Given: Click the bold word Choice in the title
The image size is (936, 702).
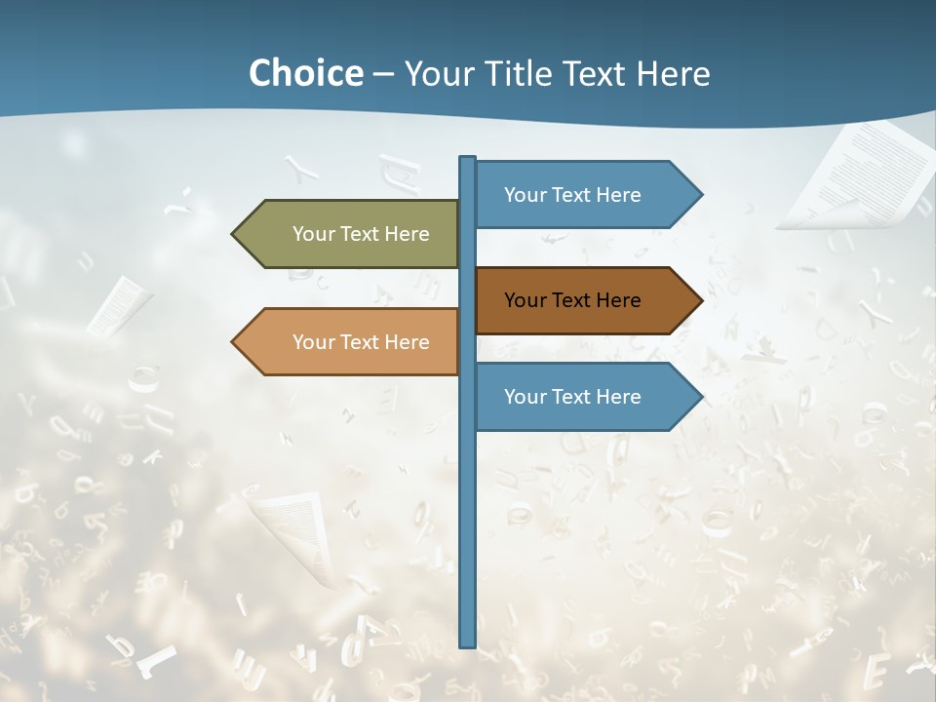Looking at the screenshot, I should pos(305,73).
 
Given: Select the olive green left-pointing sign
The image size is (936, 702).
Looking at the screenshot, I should pos(351,234).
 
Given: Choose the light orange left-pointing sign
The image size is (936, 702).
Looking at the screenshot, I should pos(351,342).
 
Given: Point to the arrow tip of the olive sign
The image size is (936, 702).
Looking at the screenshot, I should pos(235,234).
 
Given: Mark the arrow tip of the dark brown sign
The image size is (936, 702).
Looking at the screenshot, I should pos(699,300).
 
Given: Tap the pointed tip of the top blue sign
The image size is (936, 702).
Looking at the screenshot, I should pos(699,195).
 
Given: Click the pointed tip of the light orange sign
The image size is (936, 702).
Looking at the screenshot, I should pos(235,342).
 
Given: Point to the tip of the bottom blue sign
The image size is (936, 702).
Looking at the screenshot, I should pos(699,397).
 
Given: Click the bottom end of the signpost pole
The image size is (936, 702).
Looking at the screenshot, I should pos(468,643).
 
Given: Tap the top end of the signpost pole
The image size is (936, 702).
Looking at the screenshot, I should pos(468,159).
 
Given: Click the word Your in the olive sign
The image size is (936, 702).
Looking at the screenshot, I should pos(313,234).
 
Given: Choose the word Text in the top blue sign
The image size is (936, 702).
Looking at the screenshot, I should pos(572,195).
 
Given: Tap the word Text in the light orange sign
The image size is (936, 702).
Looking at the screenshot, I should pos(361,342).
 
